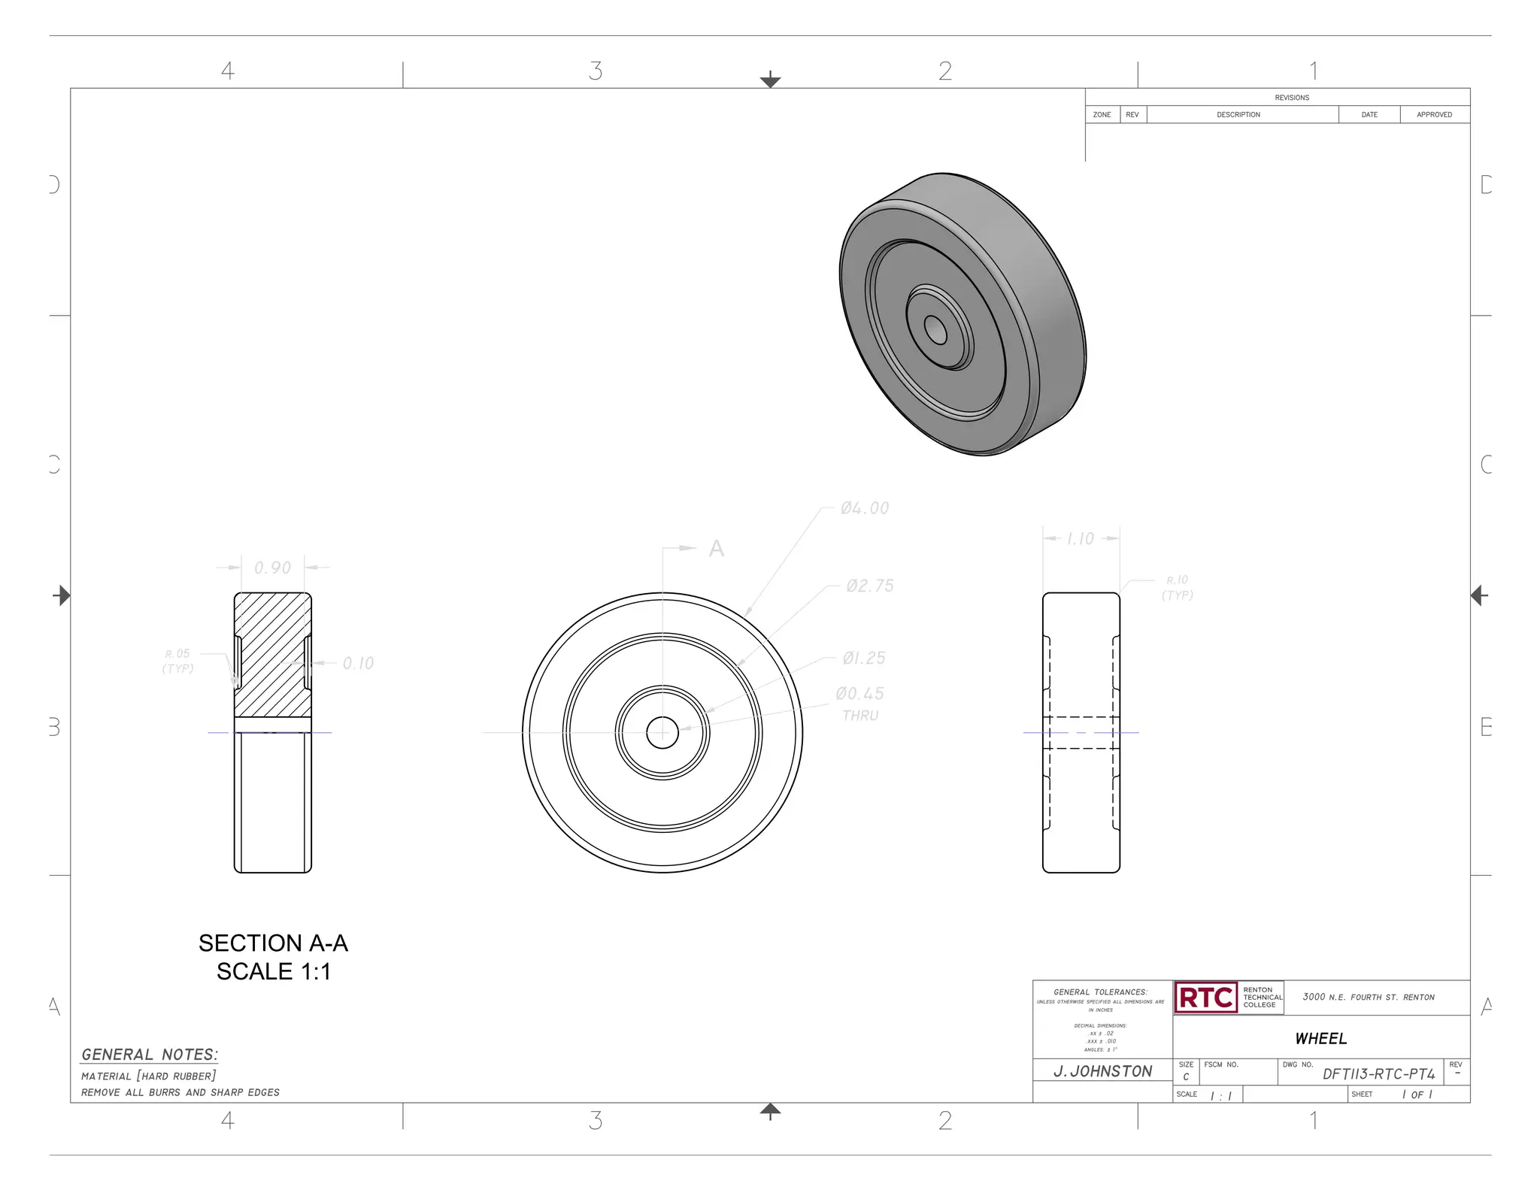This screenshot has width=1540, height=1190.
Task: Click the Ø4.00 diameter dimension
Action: pyautogui.click(x=865, y=509)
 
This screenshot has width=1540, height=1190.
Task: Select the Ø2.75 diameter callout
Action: pyautogui.click(x=869, y=586)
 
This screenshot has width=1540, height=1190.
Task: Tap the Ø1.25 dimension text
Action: pyautogui.click(x=864, y=659)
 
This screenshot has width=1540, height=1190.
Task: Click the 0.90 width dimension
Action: pyautogui.click(x=272, y=568)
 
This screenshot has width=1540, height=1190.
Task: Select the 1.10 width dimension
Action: pyautogui.click(x=1081, y=539)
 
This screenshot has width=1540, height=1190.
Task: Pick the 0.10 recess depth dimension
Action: pyautogui.click(x=358, y=664)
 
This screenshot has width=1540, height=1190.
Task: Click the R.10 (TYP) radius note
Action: pyautogui.click(x=1177, y=588)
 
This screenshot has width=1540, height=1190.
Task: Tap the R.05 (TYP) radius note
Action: pyautogui.click(x=178, y=662)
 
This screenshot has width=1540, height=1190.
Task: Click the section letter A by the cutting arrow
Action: pyautogui.click(x=716, y=549)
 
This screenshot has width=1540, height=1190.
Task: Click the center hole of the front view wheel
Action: pyautogui.click(x=662, y=732)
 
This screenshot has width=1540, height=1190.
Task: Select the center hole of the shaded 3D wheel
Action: pyautogui.click(x=935, y=329)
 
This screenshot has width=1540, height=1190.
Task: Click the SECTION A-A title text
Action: pyautogui.click(x=273, y=943)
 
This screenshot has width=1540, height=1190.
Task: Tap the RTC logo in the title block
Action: pyautogui.click(x=1205, y=998)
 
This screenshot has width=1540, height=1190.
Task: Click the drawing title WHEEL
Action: pyautogui.click(x=1320, y=1039)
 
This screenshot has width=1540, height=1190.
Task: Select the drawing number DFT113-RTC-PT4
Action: pyautogui.click(x=1378, y=1074)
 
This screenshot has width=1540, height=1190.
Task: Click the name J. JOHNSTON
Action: pyautogui.click(x=1102, y=1071)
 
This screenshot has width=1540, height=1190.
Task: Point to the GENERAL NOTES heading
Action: pyautogui.click(x=150, y=1055)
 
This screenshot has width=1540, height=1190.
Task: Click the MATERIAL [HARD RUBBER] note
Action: pyautogui.click(x=149, y=1076)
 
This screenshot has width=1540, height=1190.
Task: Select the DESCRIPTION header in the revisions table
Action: pyautogui.click(x=1238, y=115)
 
